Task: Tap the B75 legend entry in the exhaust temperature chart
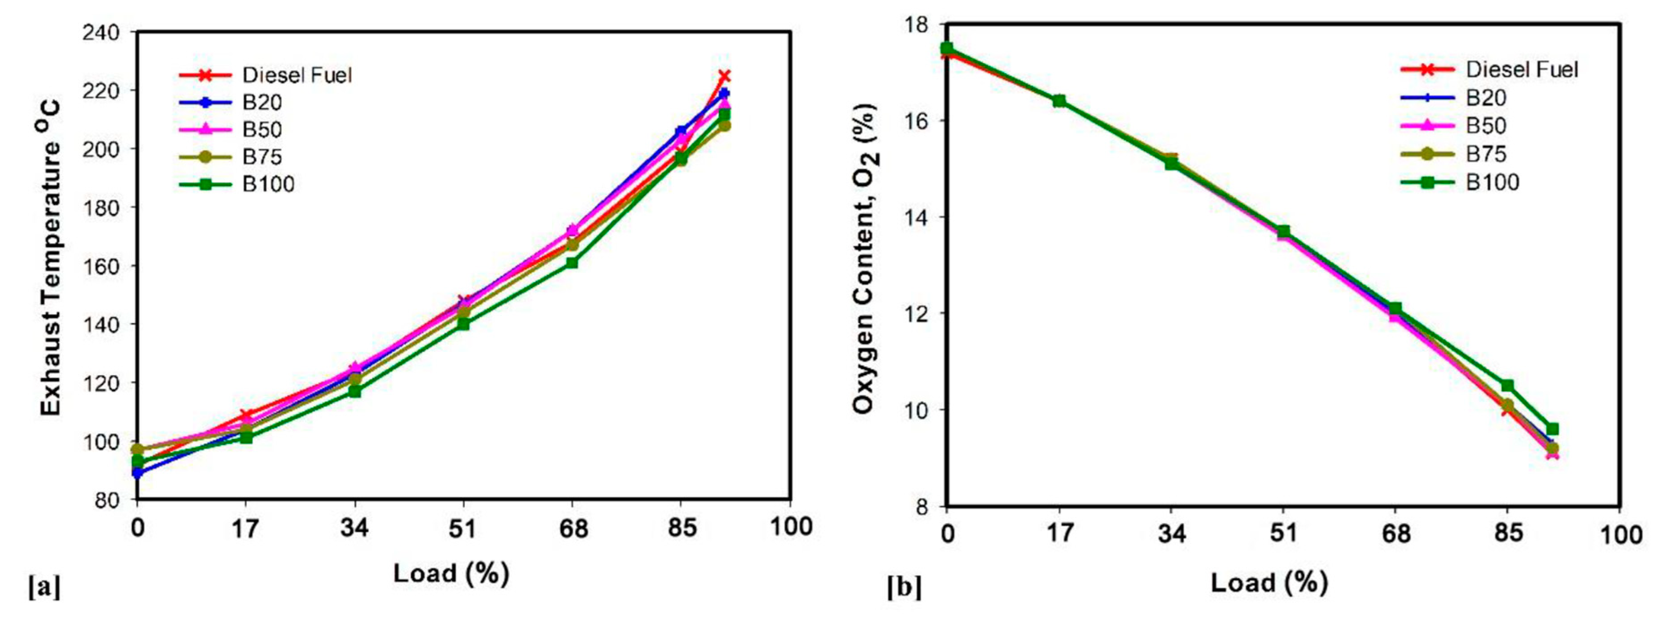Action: click(x=262, y=157)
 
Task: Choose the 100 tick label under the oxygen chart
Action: click(x=1620, y=535)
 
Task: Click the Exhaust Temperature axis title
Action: click(x=52, y=258)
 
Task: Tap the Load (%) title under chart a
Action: click(x=451, y=573)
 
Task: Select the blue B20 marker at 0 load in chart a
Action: click(x=137, y=473)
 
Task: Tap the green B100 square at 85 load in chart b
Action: click(x=1507, y=385)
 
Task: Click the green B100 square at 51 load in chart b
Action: click(x=1283, y=231)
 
